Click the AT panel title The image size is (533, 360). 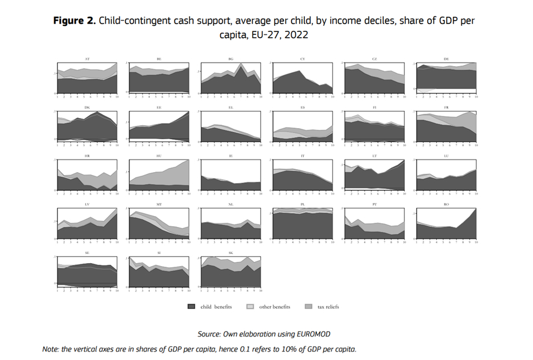coord(88,59)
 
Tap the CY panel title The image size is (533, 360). coord(303,59)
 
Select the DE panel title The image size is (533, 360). coord(446,59)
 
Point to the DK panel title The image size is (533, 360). coord(88,108)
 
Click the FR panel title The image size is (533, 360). coord(446,108)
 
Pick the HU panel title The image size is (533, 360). coord(159,157)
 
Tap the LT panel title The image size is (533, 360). coord(374,157)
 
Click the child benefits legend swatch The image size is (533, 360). coord(191,307)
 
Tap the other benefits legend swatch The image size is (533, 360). coord(251,307)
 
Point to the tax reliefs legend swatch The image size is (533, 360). coord(309,307)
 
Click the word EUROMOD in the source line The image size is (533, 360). coord(312,334)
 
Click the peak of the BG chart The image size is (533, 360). coord(241,64)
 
